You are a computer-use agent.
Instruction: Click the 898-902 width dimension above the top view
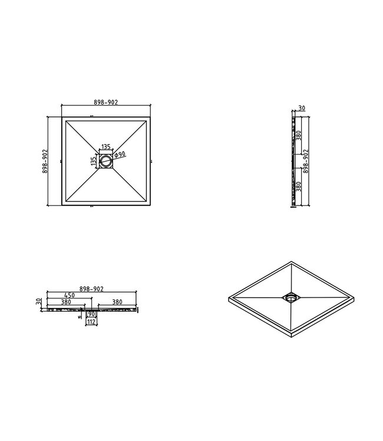106,102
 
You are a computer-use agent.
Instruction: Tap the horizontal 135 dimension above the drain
106,146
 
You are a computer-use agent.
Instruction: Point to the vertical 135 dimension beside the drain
93,161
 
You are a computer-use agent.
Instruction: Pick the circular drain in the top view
106,161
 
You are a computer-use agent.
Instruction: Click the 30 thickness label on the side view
301,108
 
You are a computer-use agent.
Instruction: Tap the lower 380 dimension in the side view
298,188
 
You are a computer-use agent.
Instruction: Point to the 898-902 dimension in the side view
305,161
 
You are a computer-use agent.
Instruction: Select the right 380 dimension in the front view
116,303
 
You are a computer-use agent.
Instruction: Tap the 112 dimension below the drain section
91,322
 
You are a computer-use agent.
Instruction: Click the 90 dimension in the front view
91,315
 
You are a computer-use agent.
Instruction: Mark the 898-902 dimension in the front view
91,289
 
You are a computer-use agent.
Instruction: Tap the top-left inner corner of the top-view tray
67,121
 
